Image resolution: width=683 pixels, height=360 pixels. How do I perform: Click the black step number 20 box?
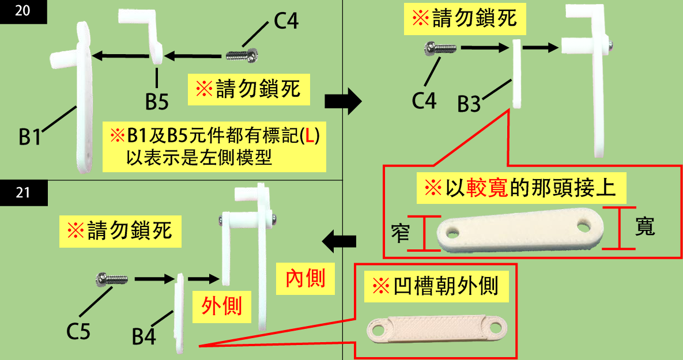coord(23,12)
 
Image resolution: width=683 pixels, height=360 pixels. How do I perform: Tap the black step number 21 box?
coord(23,192)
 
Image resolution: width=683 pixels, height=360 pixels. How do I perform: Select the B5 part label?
coord(156,102)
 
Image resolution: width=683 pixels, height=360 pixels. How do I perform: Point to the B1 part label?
coord(29,138)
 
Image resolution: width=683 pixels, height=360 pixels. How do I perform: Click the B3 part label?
coord(469,105)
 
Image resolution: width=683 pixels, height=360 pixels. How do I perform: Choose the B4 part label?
coord(144,337)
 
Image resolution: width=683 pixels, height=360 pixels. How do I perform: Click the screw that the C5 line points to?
coord(111,280)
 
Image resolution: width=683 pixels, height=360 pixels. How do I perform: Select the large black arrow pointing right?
coord(343,103)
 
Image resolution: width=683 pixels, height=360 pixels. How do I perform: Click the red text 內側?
coord(305,278)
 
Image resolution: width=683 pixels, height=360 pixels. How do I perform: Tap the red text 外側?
coord(221,305)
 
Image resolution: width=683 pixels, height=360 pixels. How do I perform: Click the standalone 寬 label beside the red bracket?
coord(645,226)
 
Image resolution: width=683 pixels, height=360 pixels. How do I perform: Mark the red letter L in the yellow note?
coord(310,136)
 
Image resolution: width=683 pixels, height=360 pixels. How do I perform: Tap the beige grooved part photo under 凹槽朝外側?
coord(436,329)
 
